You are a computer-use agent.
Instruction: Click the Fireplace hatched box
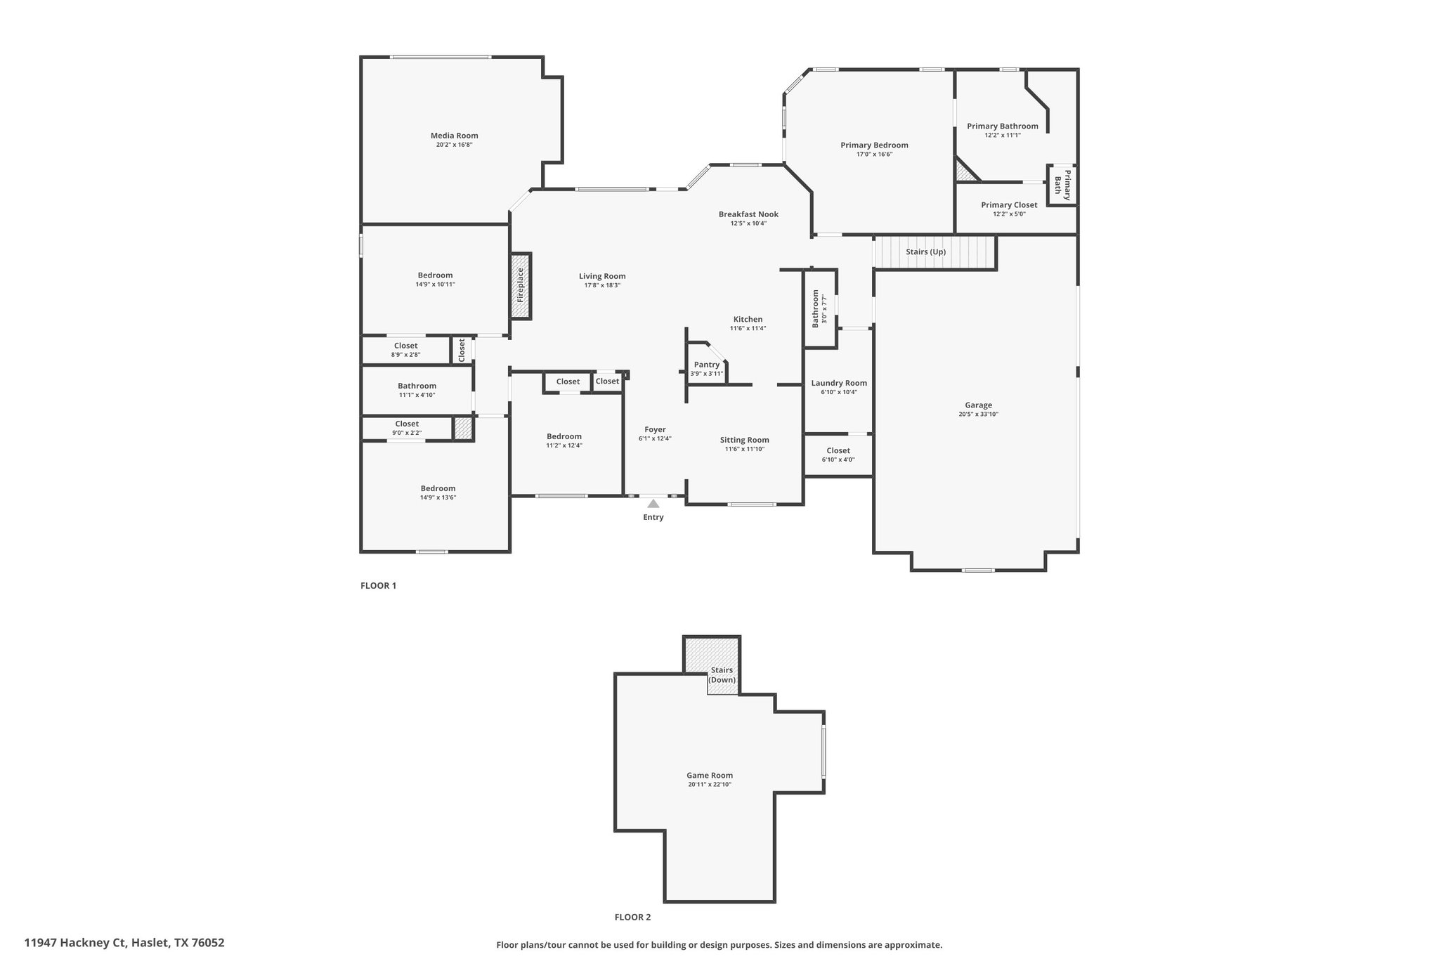(x=521, y=285)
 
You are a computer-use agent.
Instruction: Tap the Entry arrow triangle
(x=653, y=503)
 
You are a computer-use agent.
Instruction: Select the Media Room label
(x=455, y=136)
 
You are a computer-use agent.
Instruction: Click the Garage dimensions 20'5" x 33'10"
(x=978, y=415)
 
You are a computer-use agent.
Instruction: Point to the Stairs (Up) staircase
(x=935, y=252)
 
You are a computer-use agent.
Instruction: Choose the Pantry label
(x=707, y=365)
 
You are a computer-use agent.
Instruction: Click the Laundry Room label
(x=839, y=383)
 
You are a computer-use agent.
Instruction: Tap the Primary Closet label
(x=1009, y=205)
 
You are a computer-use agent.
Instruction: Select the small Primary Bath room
(x=1062, y=185)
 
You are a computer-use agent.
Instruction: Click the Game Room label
(x=710, y=776)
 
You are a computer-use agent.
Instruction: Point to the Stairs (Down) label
(x=722, y=675)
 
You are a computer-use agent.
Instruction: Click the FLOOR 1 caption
(x=379, y=585)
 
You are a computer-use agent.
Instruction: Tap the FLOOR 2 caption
(x=633, y=917)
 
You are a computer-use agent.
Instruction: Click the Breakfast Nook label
(x=748, y=214)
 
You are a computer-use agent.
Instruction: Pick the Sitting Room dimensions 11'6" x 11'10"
(x=745, y=449)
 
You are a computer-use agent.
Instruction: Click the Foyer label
(x=655, y=429)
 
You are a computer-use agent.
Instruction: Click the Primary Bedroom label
(x=874, y=145)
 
